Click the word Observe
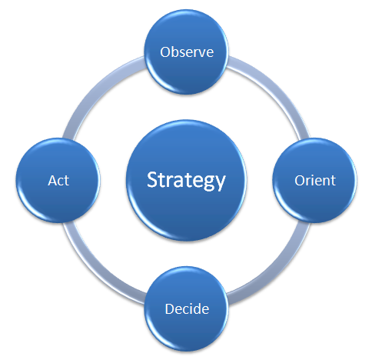coord(187,52)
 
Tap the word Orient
coord(315,181)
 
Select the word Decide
coord(187,308)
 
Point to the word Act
coord(58,181)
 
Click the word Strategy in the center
coord(186,181)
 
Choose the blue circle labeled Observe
coord(187,52)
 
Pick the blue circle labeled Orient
coord(315,181)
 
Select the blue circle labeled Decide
coord(187,308)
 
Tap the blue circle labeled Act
coord(58,181)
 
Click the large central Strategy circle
coord(187,181)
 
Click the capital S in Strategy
coord(152,179)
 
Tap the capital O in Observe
coord(165,52)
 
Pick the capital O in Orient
coord(300,181)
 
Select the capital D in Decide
coord(170,308)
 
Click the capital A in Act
coord(52,181)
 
